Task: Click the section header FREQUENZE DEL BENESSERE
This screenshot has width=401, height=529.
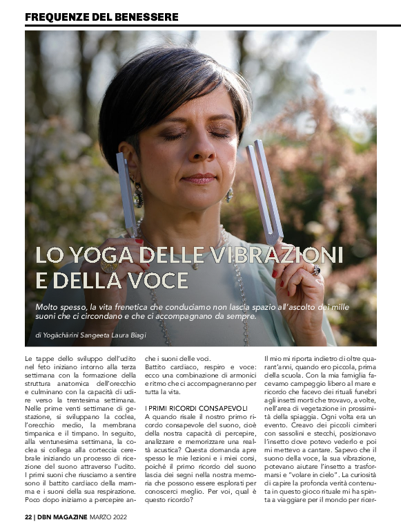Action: click(101, 16)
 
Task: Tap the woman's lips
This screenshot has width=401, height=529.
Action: click(200, 179)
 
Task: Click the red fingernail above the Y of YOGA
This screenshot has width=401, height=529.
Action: click(139, 241)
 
